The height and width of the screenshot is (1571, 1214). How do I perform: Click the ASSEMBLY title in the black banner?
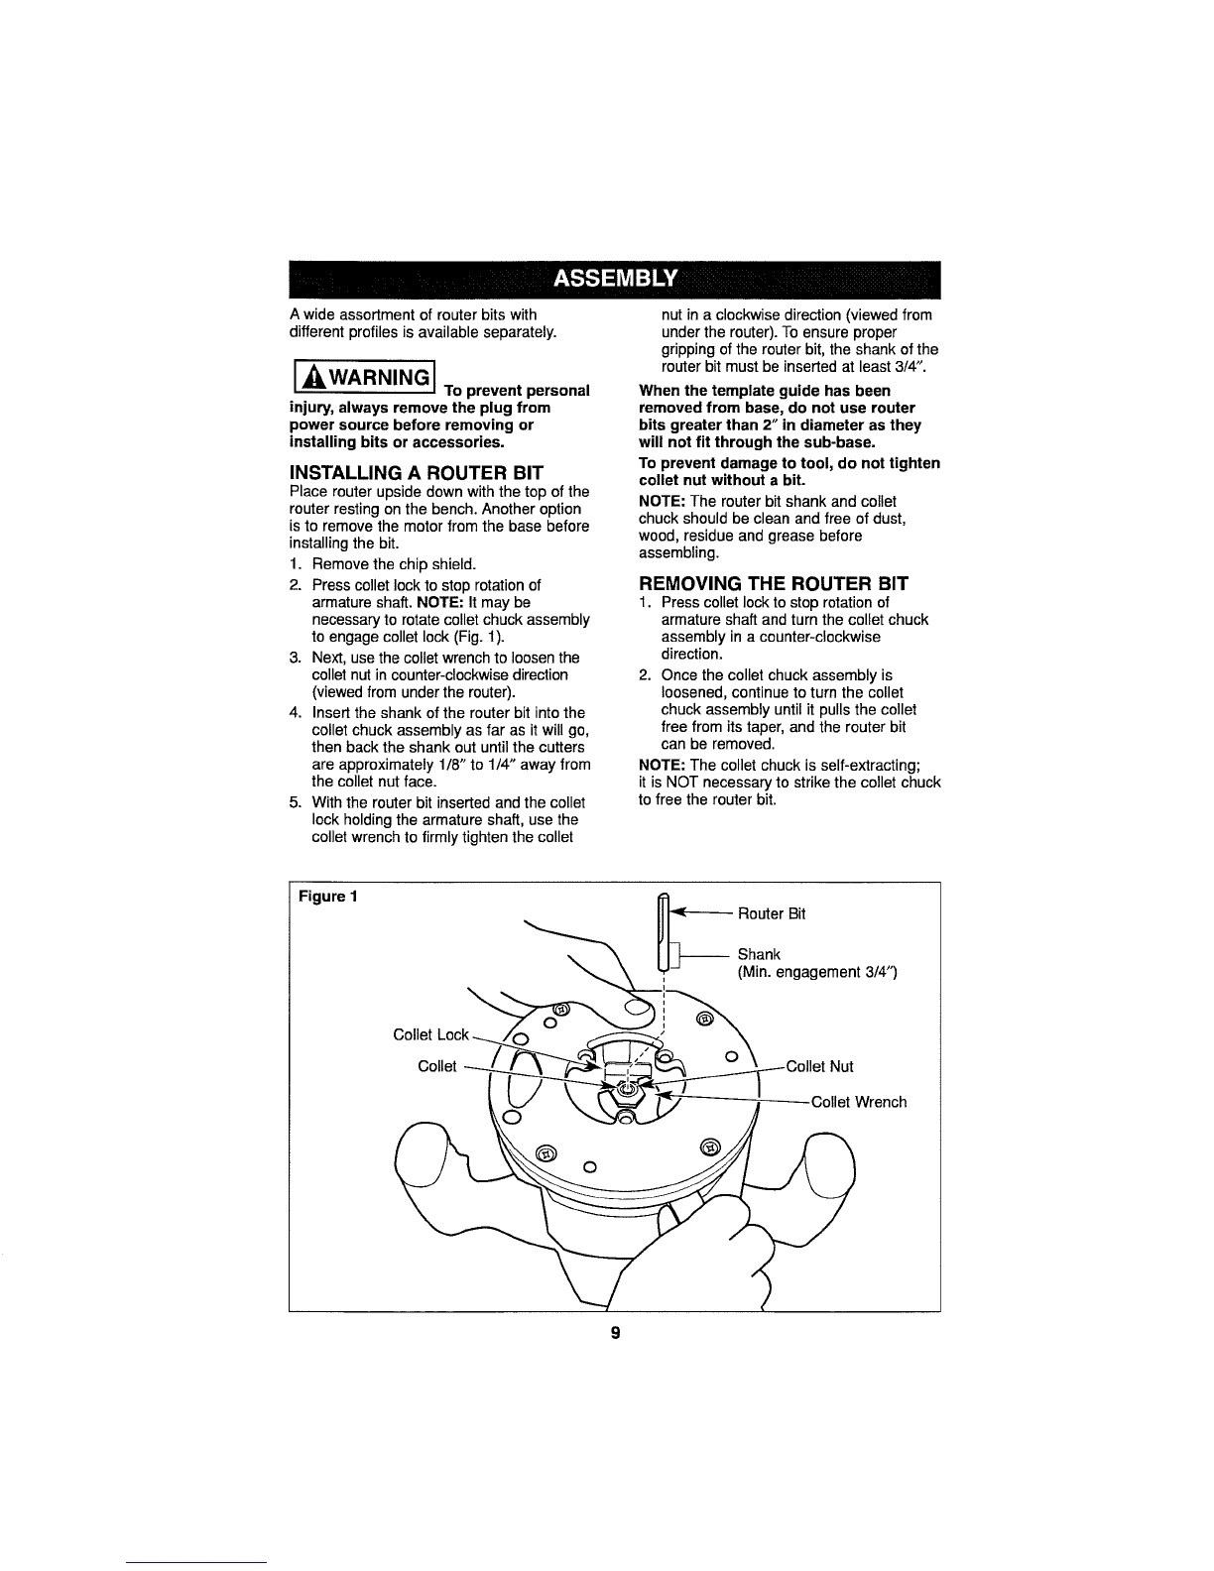point(615,279)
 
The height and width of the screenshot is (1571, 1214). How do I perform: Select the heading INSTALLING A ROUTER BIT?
point(416,473)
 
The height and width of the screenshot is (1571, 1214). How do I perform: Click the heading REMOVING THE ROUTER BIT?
point(773,583)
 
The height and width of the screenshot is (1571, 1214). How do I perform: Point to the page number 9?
point(615,1332)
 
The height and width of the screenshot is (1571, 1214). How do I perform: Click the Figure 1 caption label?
point(327,897)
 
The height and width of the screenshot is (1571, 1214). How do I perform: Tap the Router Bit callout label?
point(771,913)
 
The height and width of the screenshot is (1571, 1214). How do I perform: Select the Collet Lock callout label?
point(430,1034)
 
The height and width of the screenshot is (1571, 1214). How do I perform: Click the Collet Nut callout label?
point(819,1066)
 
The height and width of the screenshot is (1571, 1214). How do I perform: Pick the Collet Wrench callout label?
point(858,1102)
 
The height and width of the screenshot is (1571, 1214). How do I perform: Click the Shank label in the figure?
point(759,954)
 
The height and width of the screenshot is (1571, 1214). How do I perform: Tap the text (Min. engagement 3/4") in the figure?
point(817,972)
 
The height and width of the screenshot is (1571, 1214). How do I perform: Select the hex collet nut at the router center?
point(627,1091)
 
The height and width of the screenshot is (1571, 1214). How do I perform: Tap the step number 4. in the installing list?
point(295,713)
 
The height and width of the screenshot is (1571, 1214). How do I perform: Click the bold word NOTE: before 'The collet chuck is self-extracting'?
point(662,765)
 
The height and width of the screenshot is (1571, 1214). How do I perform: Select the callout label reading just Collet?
point(436,1066)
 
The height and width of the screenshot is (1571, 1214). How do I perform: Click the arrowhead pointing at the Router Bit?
point(679,913)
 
